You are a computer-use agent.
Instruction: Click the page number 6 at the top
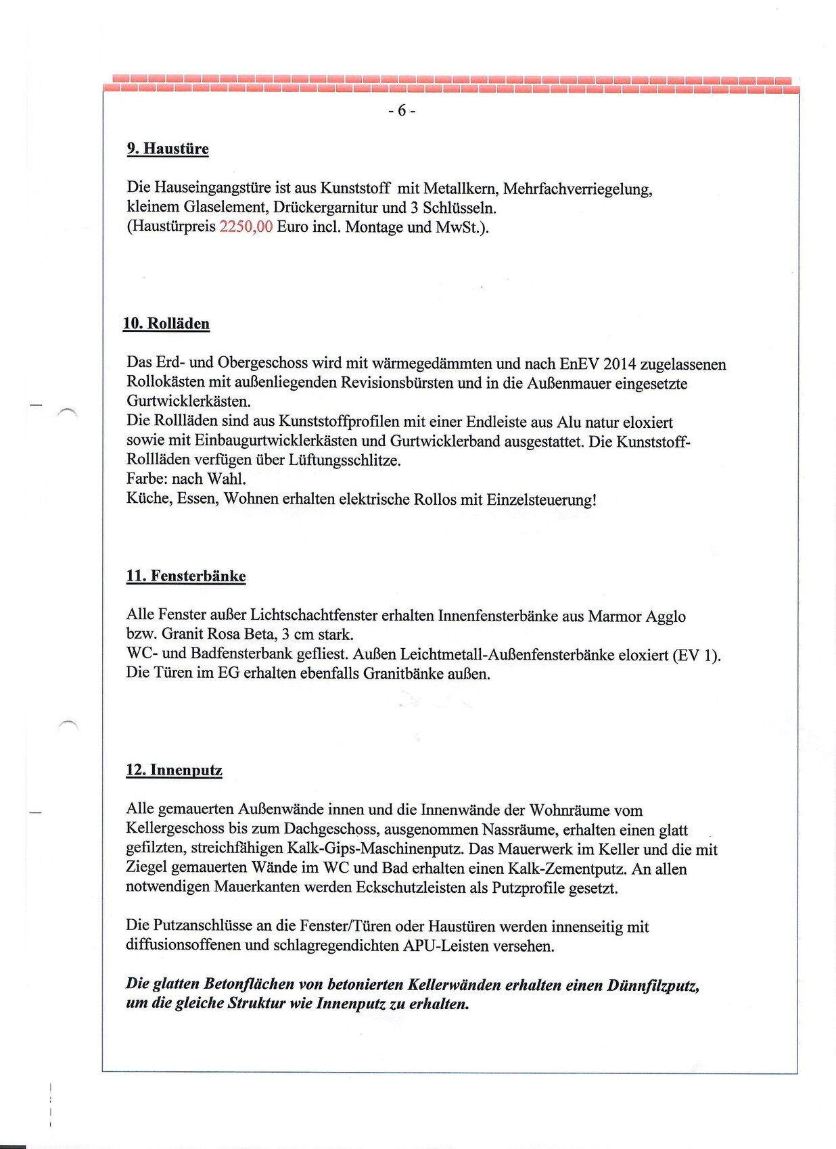402,110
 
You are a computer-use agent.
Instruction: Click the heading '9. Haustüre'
168,149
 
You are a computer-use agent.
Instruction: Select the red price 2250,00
246,226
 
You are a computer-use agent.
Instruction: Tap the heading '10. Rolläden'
166,324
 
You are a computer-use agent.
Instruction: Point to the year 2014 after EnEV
619,364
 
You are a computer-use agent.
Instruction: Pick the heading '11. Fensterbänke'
186,576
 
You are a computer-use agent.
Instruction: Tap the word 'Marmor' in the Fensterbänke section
614,616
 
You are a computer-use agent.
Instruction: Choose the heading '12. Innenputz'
174,771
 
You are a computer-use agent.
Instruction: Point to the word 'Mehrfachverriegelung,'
578,189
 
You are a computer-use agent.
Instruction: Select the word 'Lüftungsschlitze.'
345,460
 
